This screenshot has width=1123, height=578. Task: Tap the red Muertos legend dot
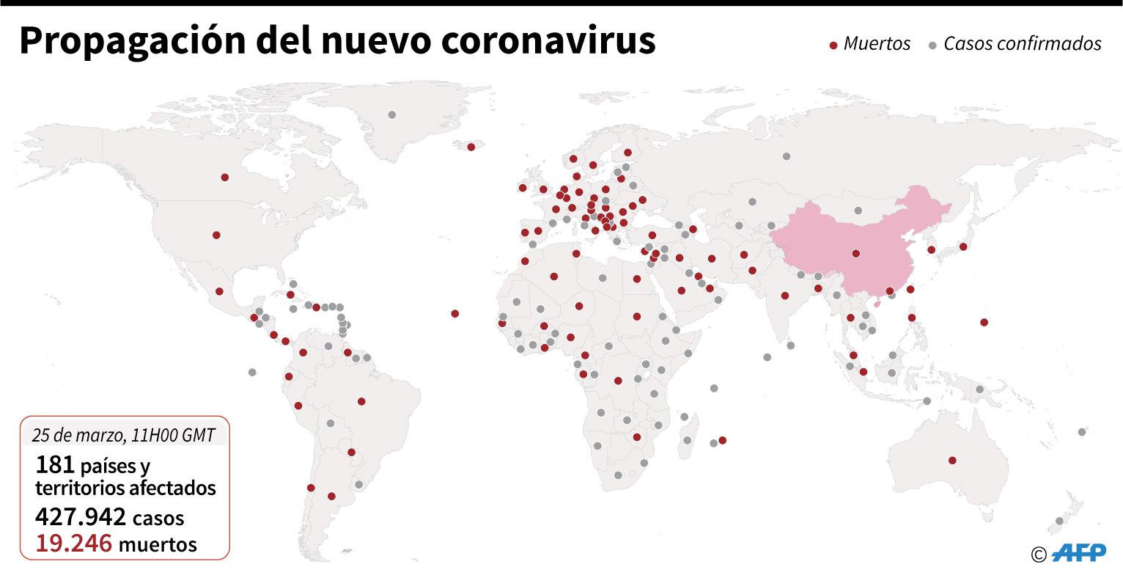[833, 45]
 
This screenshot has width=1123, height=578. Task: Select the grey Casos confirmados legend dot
[932, 45]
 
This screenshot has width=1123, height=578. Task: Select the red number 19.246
[73, 544]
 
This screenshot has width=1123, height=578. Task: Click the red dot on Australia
[952, 461]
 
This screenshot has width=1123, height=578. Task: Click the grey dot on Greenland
[392, 115]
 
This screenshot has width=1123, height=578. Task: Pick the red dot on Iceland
[471, 147]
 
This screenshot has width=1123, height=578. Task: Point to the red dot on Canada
[224, 177]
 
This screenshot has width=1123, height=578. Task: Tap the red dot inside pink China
[856, 255]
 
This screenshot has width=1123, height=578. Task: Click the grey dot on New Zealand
[1058, 521]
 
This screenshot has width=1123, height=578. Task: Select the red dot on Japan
[963, 246]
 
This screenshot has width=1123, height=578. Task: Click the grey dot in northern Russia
[787, 156]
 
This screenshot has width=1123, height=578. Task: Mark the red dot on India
[785, 296]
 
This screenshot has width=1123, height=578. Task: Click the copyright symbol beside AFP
[1038, 555]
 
